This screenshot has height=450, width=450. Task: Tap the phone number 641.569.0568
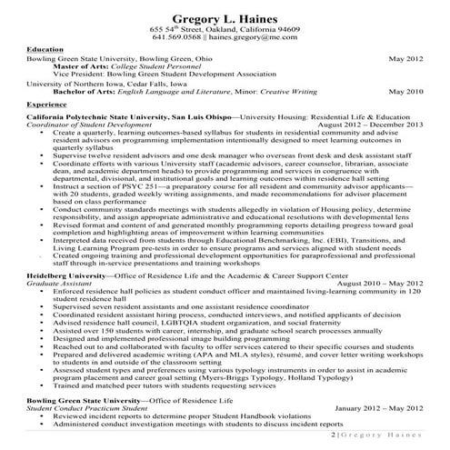(181, 39)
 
